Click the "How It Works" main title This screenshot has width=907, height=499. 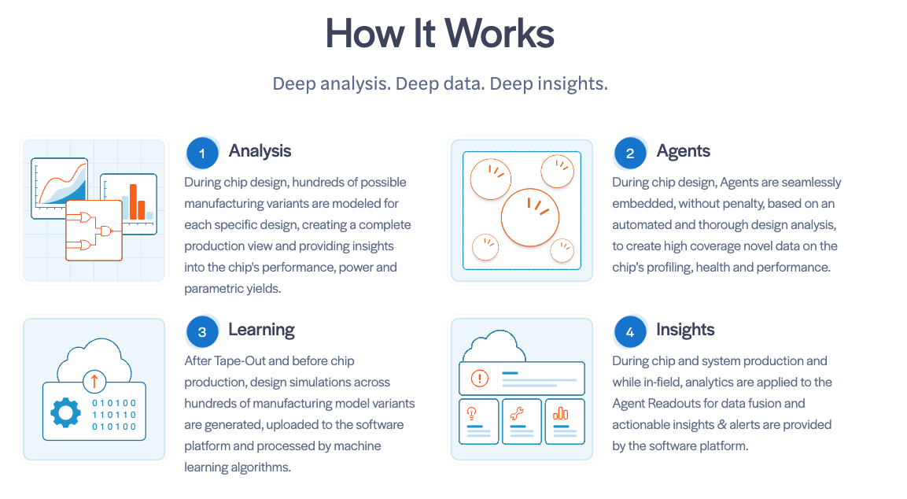440,34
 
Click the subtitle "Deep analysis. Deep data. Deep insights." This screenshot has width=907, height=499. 441,84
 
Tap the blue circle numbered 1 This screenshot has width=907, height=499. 202,153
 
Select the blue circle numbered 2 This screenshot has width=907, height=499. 630,153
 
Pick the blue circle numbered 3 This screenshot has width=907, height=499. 202,332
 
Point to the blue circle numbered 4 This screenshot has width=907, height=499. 630,332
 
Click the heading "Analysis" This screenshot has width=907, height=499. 260,151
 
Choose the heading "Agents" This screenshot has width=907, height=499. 683,151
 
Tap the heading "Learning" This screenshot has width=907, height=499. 261,330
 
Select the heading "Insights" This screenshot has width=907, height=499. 685,330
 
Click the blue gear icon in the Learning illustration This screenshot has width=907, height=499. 65,412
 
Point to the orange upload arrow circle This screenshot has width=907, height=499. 94,381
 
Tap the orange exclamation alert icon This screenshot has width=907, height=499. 480,379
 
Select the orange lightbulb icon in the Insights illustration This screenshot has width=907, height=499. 471,413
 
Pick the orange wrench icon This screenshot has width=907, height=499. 517,413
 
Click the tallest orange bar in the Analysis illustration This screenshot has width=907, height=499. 134,201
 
